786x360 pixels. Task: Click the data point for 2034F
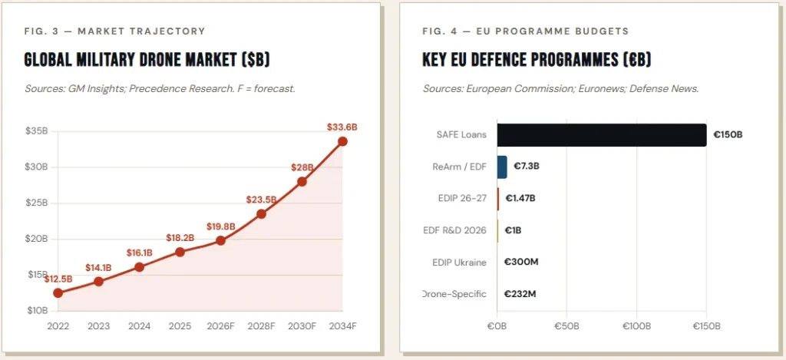pos(342,141)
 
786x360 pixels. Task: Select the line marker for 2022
pos(58,292)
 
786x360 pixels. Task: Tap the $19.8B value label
pos(221,226)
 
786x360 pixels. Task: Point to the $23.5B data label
pos(261,200)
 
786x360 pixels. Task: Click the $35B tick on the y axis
pos(36,130)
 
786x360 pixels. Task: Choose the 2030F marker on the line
pos(302,181)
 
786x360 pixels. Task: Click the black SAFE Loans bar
pos(601,135)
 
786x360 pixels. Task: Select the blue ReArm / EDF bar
pos(502,167)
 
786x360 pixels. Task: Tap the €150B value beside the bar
pos(728,135)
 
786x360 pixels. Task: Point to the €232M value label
pos(521,294)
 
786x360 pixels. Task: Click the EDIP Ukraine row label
pos(459,263)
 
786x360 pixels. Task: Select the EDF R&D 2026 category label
pos(454,230)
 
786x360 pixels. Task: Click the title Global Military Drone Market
pos(147,60)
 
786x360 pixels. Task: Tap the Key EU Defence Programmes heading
pos(537,60)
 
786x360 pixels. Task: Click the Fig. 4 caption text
pos(525,31)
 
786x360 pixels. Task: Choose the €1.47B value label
pos(520,198)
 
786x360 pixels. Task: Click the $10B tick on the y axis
pos(36,310)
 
